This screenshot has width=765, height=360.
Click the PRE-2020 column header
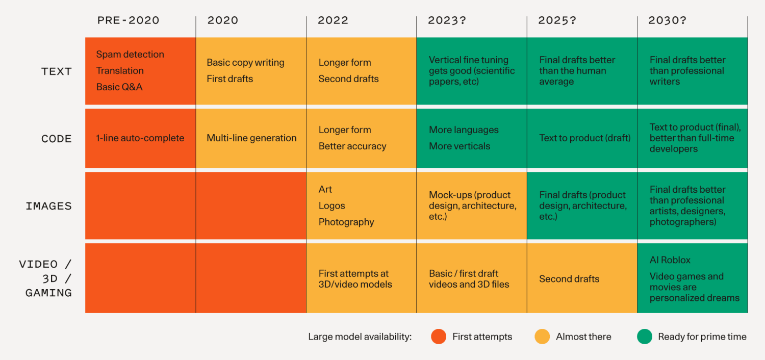pos(128,21)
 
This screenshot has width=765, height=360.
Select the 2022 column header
pos(333,21)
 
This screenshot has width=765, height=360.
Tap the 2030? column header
pos(667,21)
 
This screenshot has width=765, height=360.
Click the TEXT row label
pos(56,71)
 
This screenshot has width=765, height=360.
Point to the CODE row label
pos(56,139)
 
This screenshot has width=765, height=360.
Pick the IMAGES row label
pos(48,206)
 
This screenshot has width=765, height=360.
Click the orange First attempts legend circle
pos(439,337)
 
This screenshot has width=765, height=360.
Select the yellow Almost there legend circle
pos(542,337)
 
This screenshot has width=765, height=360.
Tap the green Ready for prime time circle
pos(645,337)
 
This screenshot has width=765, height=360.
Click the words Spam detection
pos(130,55)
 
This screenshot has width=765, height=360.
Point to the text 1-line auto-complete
pos(140,138)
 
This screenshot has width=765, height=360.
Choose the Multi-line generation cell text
pos(251,138)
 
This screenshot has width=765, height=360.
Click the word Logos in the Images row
pos(331,206)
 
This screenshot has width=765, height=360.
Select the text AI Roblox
pos(670,260)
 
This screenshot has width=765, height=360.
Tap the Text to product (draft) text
pos(585,138)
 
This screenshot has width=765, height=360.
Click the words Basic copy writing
pos(245,63)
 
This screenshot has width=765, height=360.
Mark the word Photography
pos(346,222)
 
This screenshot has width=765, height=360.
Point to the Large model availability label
pos(360,337)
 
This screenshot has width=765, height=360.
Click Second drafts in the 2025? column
pos(569,279)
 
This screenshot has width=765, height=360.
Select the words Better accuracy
pos(352,146)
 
